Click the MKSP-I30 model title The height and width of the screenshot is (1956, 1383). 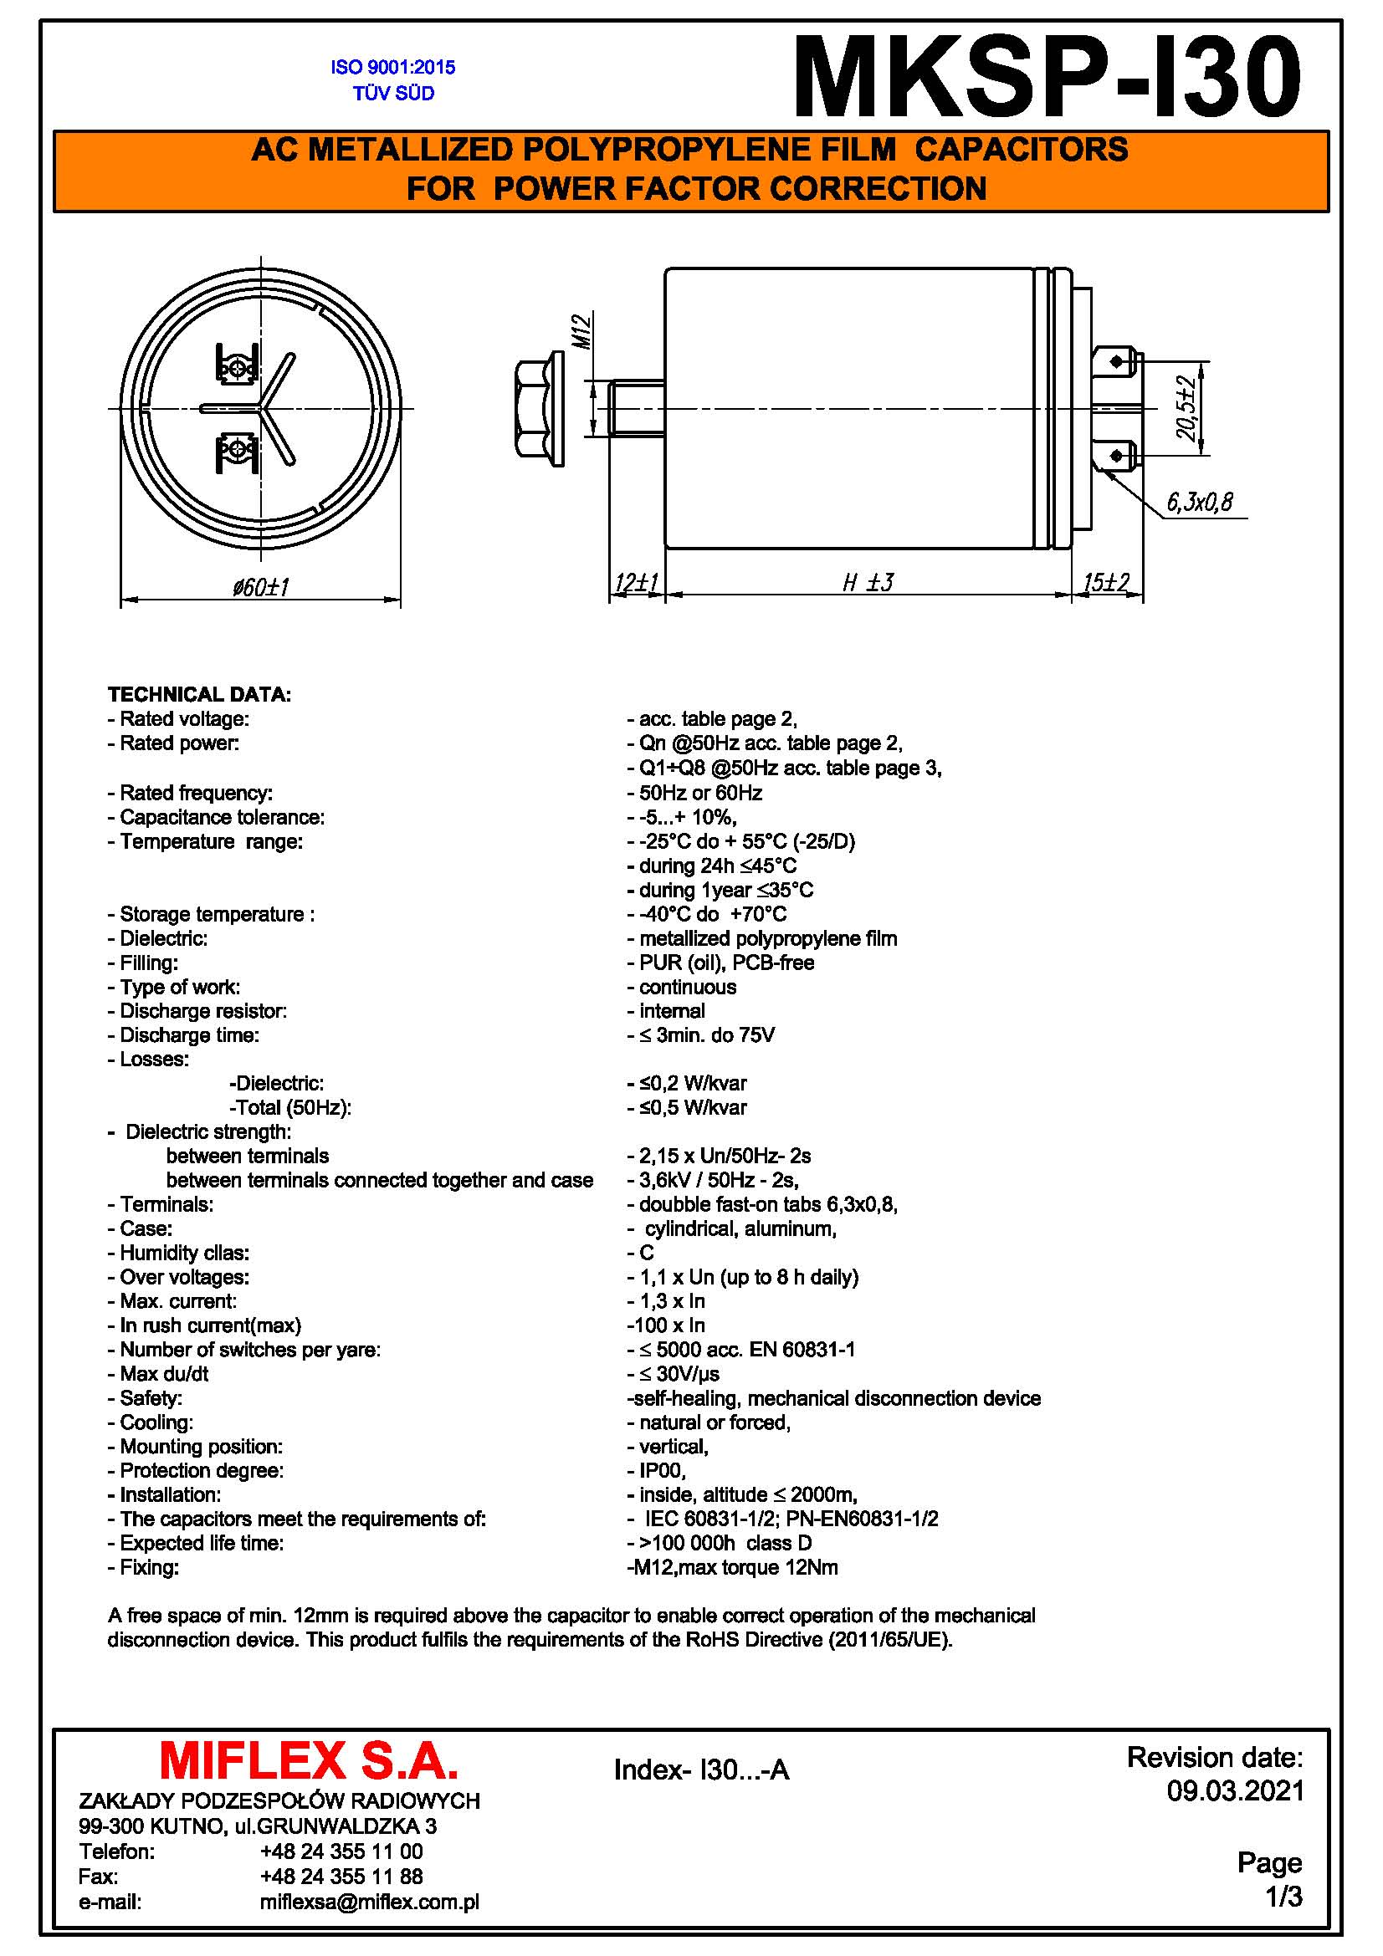click(x=1047, y=77)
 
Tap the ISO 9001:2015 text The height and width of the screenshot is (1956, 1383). click(x=393, y=67)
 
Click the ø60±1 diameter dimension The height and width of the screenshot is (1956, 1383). click(x=261, y=587)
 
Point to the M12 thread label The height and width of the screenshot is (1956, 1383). click(x=581, y=330)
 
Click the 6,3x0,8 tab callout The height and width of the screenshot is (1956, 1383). click(x=1199, y=503)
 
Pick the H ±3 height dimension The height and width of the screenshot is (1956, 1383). click(x=868, y=583)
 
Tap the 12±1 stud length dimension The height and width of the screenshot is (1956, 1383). click(x=637, y=583)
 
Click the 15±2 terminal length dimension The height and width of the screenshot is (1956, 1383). click(x=1106, y=583)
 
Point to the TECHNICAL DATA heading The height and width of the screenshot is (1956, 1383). click(x=199, y=694)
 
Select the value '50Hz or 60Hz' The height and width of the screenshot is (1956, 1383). click(x=699, y=793)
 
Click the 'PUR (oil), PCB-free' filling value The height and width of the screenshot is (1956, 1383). click(x=726, y=963)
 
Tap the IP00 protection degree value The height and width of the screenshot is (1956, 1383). click(x=662, y=1471)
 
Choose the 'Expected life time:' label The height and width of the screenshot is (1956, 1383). click(x=201, y=1544)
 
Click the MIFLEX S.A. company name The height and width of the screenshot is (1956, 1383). click(x=309, y=1762)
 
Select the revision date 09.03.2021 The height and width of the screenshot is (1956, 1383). click(x=1235, y=1790)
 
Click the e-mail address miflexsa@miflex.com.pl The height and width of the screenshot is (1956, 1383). click(x=369, y=1902)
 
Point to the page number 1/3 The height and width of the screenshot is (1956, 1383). click(x=1283, y=1897)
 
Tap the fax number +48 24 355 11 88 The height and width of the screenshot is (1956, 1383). click(x=341, y=1877)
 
